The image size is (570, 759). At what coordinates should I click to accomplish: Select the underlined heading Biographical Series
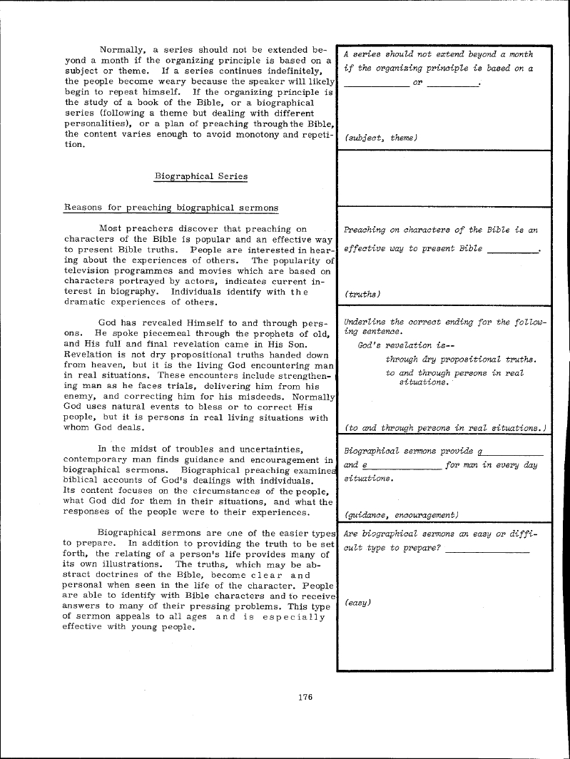(196, 175)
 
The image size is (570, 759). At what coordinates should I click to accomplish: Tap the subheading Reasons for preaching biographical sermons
(171, 208)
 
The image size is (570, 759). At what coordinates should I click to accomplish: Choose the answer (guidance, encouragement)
(401, 514)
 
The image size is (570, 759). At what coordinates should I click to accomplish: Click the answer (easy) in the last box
(357, 603)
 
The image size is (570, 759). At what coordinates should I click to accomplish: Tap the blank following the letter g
(514, 454)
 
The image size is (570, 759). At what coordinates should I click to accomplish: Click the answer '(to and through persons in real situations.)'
(445, 427)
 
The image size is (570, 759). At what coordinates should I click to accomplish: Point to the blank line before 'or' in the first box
(376, 86)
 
